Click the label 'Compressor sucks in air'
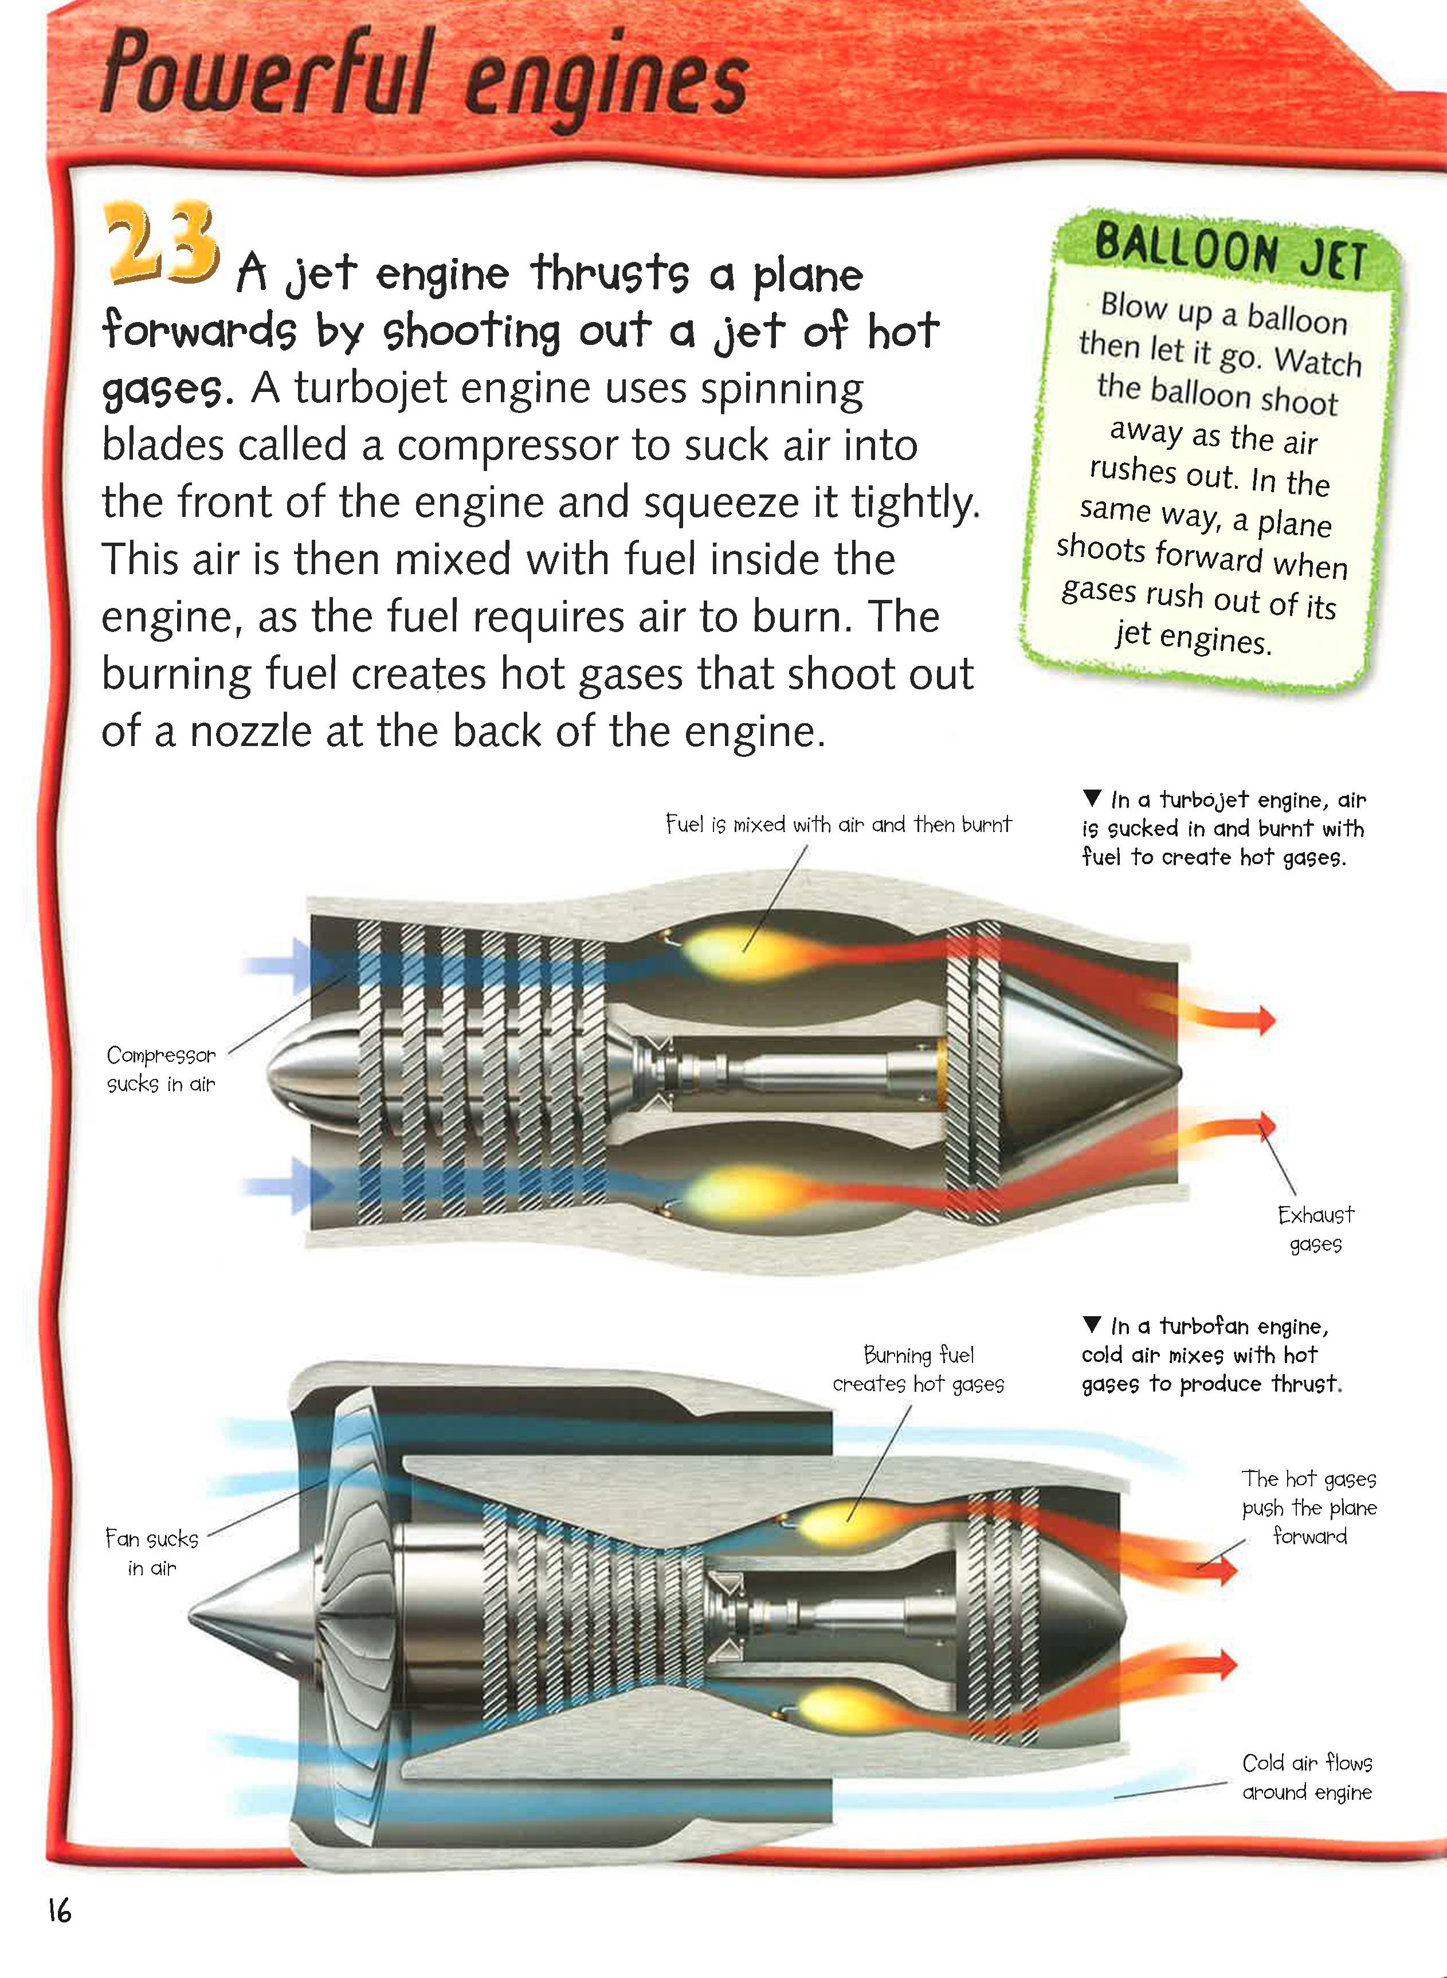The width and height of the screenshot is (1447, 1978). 161,1069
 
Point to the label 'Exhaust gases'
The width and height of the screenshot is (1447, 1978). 1316,1229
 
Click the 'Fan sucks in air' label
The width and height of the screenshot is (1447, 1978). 151,1552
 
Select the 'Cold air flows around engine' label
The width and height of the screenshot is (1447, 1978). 1307,1777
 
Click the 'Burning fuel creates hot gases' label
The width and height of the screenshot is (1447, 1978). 918,1369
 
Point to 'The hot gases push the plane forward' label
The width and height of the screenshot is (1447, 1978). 1309,1507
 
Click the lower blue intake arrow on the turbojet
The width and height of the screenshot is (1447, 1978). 289,1186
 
